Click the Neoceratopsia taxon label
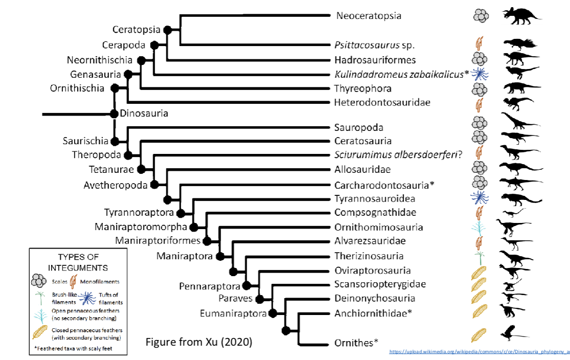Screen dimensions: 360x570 coord(368,15)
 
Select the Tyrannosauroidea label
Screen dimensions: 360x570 coord(375,198)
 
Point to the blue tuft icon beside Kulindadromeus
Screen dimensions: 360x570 coord(481,74)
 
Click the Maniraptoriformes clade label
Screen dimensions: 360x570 coord(159,240)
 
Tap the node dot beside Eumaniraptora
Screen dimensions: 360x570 coord(273,312)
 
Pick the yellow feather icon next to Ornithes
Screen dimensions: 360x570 coord(479,334)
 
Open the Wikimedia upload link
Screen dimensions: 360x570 coord(479,352)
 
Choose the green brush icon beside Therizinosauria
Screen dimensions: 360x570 coord(480,256)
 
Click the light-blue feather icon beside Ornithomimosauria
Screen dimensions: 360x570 coord(480,227)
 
